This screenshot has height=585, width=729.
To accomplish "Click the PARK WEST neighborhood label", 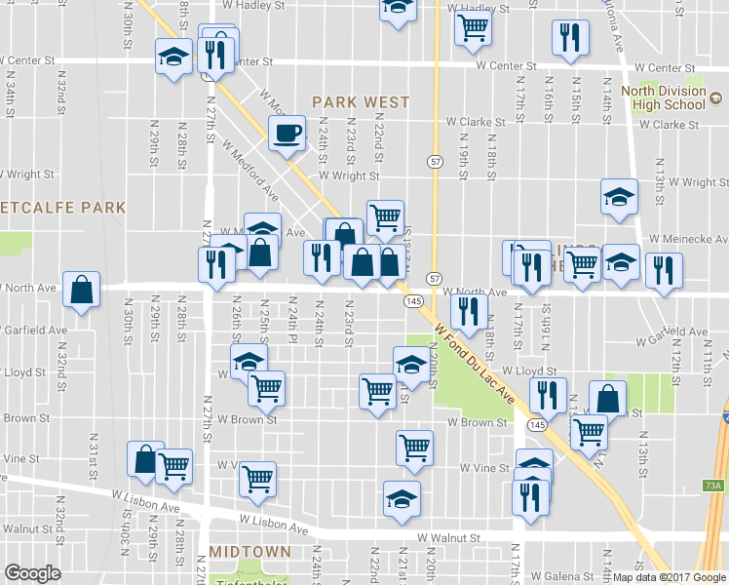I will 360,101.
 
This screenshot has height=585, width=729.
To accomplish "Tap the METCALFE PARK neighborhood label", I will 62,208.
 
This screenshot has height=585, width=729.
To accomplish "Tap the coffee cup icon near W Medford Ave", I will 287,133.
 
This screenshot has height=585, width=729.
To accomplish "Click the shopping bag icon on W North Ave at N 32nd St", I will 81,289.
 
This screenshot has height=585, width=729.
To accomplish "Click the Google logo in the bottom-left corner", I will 32,573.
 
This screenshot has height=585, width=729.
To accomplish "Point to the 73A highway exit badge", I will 713,486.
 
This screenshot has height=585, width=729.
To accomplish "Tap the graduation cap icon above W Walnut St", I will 402,498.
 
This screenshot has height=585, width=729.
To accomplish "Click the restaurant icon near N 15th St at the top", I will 567,37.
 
